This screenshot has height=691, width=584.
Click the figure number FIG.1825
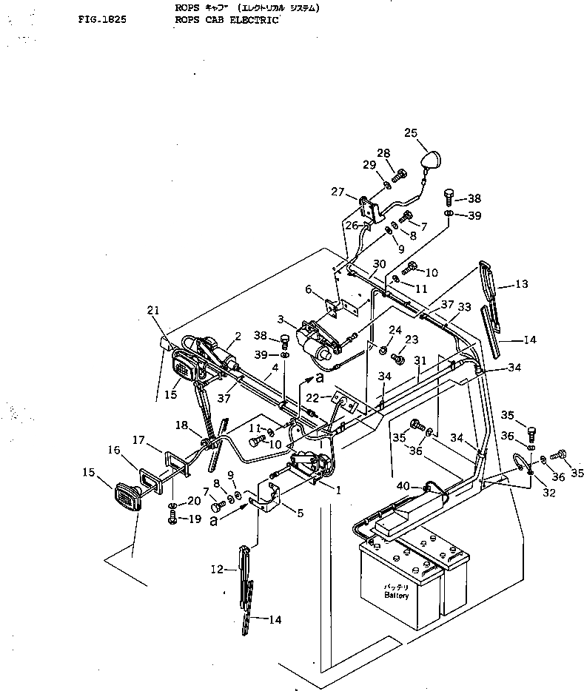(101, 20)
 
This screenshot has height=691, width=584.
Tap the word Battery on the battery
(396, 594)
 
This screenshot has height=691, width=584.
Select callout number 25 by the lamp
(411, 133)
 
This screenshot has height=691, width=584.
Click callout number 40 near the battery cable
(403, 485)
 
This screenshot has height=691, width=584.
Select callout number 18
(181, 425)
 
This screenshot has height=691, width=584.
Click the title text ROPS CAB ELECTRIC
(224, 20)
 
